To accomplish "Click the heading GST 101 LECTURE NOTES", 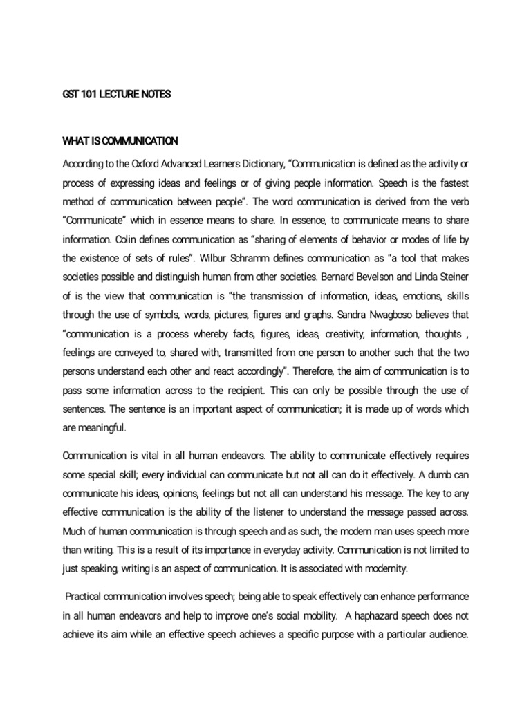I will point(116,94).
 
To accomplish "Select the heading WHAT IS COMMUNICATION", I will point(120,142).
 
